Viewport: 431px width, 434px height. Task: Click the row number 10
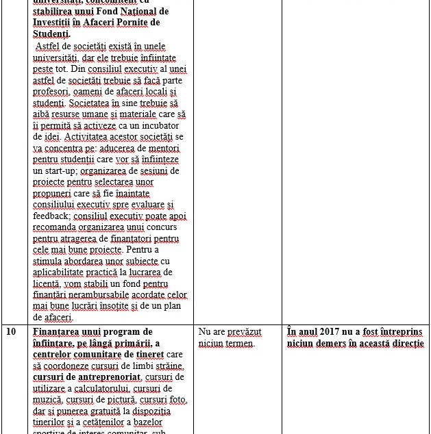click(x=11, y=332)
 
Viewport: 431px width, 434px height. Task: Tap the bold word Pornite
click(x=127, y=23)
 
